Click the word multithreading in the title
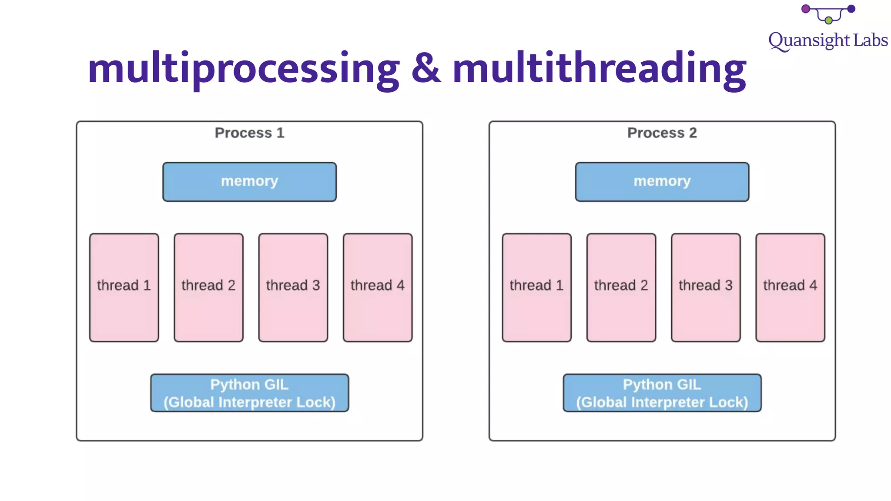tap(600, 69)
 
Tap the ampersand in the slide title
tap(426, 69)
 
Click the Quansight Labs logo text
tap(827, 40)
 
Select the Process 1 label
tap(249, 133)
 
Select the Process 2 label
tap(662, 133)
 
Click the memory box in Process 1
tap(249, 182)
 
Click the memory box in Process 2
tap(662, 182)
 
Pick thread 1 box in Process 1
tap(124, 287)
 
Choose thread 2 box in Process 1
tap(208, 287)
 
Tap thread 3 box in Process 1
tap(293, 287)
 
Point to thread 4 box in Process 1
tap(377, 287)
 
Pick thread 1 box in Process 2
tap(536, 287)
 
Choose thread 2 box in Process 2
tap(621, 287)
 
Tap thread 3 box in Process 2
tap(705, 287)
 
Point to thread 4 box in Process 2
tap(790, 287)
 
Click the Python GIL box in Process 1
tap(249, 393)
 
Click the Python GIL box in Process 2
tap(662, 393)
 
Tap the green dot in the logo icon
tap(828, 20)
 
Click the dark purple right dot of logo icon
tap(851, 9)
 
